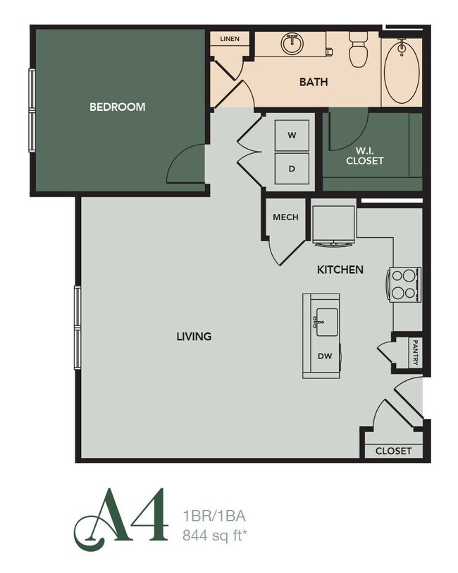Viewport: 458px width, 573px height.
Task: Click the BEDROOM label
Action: pos(117,107)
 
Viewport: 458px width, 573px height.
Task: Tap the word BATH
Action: pos(314,83)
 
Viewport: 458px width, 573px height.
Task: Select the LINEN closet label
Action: pos(230,39)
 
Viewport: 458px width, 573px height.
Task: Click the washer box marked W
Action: pos(292,135)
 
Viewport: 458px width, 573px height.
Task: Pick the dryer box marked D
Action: pos(292,169)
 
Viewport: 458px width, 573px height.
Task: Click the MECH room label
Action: pos(285,217)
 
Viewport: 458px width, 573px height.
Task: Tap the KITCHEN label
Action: pos(340,270)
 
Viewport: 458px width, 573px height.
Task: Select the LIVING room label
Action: pos(194,337)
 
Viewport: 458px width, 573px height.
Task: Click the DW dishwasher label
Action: pos(324,356)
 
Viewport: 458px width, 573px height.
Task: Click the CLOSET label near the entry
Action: pos(393,451)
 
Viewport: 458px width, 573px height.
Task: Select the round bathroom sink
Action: pos(292,44)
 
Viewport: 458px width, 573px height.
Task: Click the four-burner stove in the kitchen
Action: pos(404,284)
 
